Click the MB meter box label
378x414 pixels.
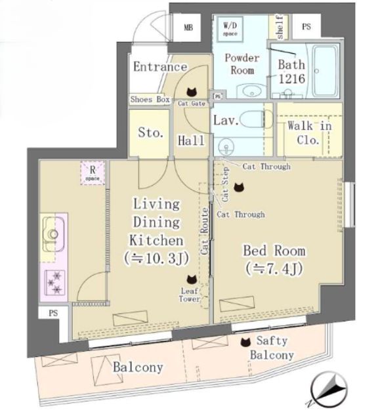point(188,27)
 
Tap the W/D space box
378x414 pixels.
point(230,29)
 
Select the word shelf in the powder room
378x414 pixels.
point(280,27)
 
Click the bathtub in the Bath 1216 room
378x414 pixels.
point(325,70)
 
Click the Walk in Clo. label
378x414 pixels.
point(309,133)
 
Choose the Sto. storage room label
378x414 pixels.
point(150,133)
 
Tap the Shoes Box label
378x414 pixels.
point(150,99)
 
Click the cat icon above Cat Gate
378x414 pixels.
point(192,92)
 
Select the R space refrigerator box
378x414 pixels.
point(93,173)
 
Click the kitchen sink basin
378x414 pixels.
point(53,234)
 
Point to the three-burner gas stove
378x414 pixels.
point(54,282)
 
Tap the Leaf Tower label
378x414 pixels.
point(189,295)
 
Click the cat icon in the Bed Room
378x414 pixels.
point(239,188)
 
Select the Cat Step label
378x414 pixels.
point(225,184)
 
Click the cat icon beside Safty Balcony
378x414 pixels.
point(245,342)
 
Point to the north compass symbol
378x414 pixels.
point(329,390)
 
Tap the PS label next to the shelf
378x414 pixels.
point(306,27)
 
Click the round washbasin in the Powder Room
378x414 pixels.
point(251,91)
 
